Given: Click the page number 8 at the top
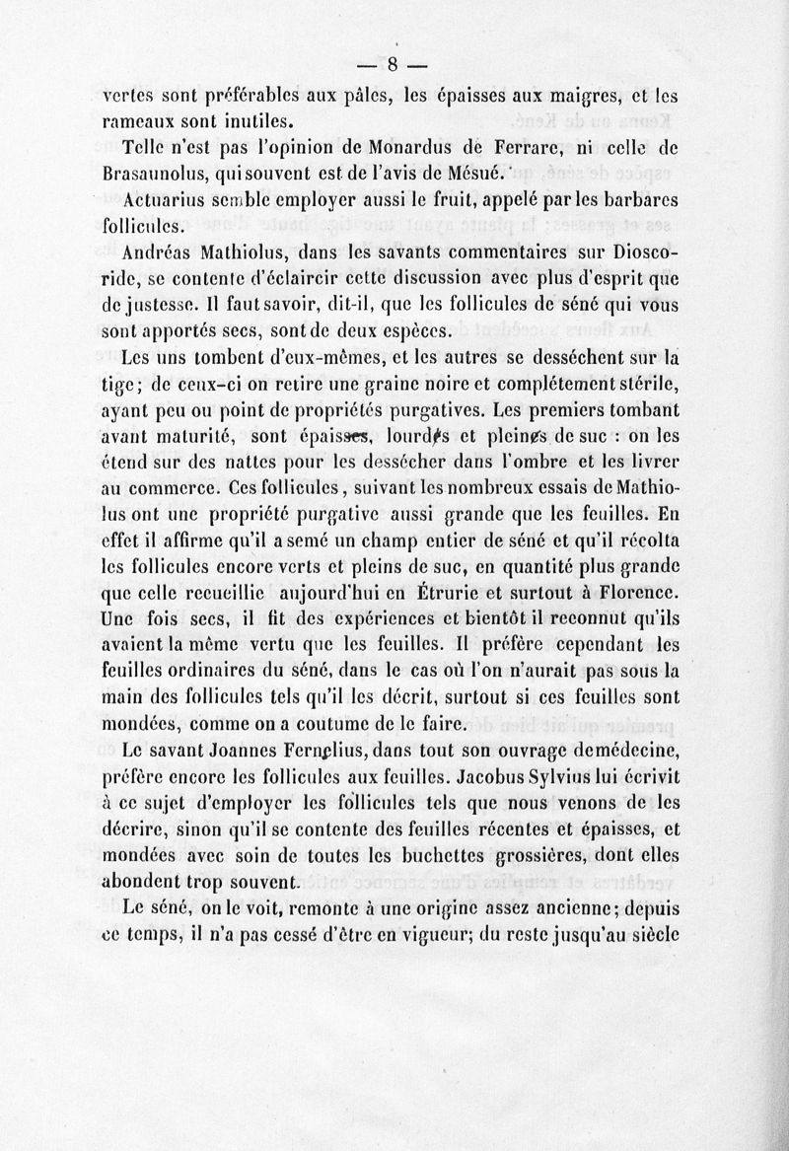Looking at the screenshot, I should (x=392, y=68).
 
